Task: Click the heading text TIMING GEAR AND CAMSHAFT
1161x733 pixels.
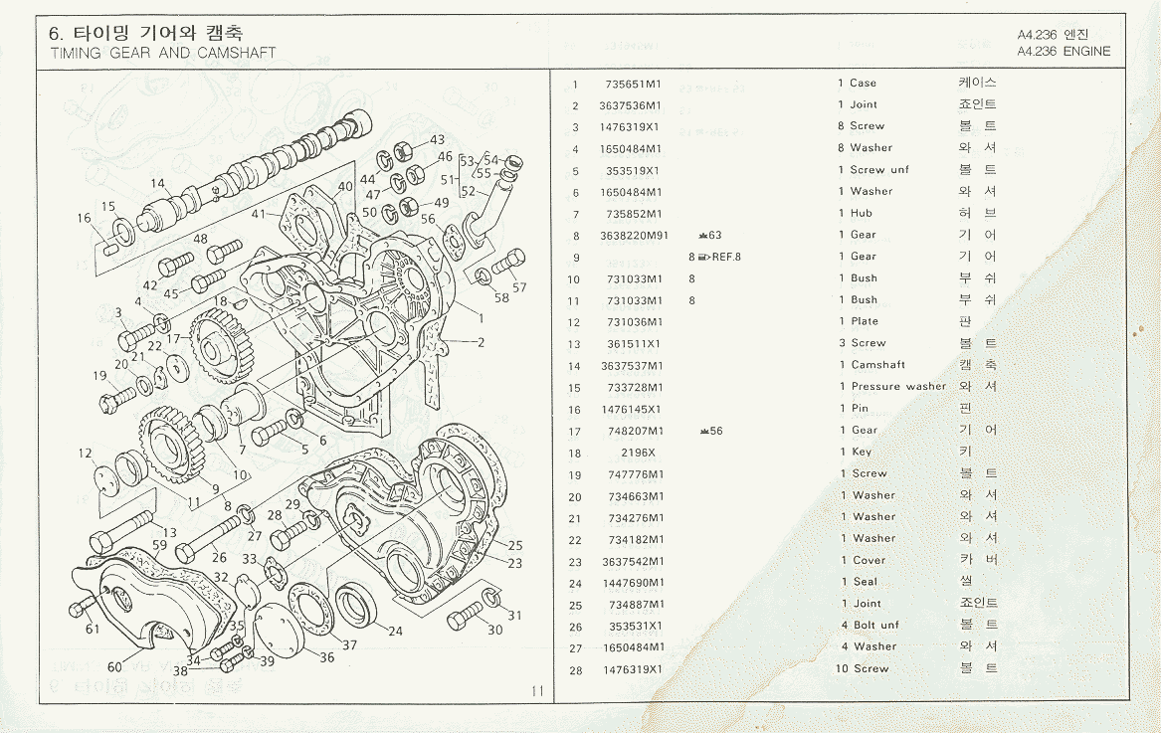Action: tap(163, 53)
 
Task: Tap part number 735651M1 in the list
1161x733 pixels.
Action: tap(633, 84)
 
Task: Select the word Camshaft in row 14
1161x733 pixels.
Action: tap(877, 365)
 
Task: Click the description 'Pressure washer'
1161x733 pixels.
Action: tap(898, 387)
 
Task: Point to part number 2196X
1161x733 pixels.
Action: tap(638, 453)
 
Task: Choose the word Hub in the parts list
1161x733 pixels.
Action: tap(861, 213)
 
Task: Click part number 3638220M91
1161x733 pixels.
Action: tap(634, 236)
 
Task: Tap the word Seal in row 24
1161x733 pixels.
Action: tap(865, 582)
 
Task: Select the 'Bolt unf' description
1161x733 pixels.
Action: tap(875, 626)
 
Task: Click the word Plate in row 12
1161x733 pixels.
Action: tap(865, 321)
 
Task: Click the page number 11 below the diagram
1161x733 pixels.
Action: tap(537, 692)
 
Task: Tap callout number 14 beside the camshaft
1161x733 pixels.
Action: tap(158, 184)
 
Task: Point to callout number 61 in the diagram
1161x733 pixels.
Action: tap(93, 629)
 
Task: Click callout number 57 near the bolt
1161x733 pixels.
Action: tap(519, 288)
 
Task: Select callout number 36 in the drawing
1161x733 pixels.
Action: tap(326, 657)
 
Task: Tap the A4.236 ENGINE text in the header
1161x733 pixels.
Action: tap(1064, 51)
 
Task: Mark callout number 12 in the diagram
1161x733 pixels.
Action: tap(86, 454)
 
